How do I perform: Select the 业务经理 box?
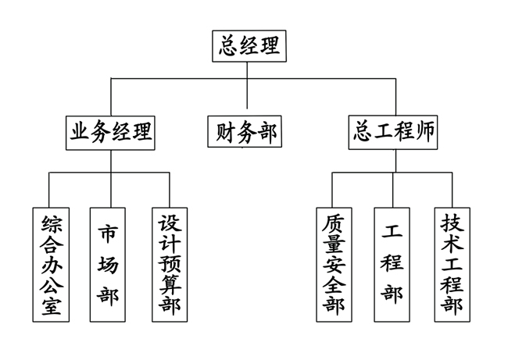[x=110, y=132]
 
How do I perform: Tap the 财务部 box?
[x=246, y=132]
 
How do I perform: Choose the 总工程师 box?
[x=395, y=132]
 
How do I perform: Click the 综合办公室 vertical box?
[x=50, y=265]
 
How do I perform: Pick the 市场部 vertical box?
[x=109, y=265]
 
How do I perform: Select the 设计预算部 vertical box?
[x=169, y=265]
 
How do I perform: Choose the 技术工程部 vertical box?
[x=452, y=265]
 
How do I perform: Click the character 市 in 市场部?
[x=109, y=233]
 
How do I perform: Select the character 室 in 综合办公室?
[x=50, y=305]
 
